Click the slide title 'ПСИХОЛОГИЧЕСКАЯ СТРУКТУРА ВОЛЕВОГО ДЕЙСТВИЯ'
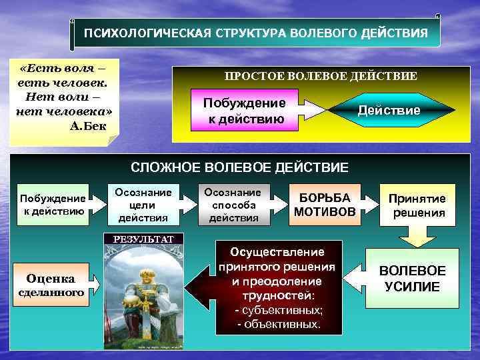[256, 33]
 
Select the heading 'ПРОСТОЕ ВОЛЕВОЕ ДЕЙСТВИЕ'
[321, 76]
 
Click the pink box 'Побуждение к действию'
[244, 111]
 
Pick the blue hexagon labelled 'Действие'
[389, 110]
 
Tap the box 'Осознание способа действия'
[233, 204]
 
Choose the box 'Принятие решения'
[418, 205]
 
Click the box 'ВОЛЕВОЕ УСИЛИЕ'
[412, 278]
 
